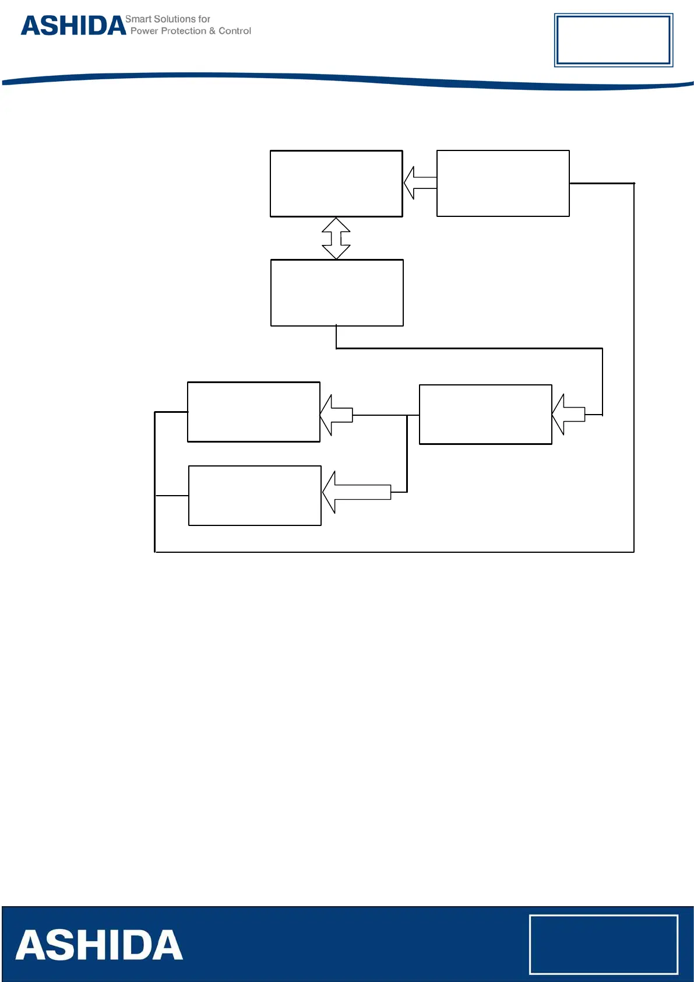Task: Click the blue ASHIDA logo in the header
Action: (73, 26)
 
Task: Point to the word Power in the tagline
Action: (144, 31)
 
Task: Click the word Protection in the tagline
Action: (184, 31)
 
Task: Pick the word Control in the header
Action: (235, 31)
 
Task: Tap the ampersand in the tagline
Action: (212, 31)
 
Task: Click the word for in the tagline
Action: (204, 19)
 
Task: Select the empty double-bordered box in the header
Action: (613, 40)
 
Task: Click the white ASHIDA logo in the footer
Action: (99, 945)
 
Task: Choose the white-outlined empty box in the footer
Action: (603, 944)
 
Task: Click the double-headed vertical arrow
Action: (336, 238)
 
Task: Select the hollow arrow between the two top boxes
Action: (420, 183)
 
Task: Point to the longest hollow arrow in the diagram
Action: (357, 492)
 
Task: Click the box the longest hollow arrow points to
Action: (255, 496)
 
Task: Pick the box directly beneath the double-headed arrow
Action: (337, 293)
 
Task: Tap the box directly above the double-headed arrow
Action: (336, 184)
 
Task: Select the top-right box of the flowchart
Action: (503, 184)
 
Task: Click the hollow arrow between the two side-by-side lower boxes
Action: (337, 415)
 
